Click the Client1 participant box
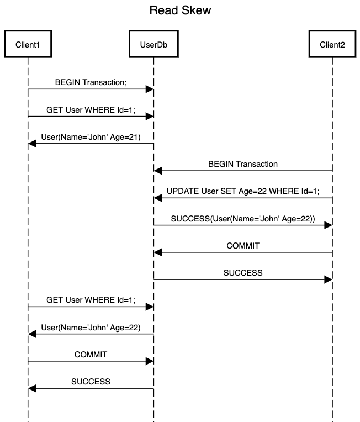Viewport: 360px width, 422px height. click(28, 44)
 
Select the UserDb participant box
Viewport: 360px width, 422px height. click(153, 44)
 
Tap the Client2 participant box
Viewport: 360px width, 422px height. click(332, 44)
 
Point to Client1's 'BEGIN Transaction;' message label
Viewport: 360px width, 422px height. click(91, 82)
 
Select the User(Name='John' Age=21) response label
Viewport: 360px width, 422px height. click(91, 137)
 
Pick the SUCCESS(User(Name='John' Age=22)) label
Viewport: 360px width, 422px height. click(243, 219)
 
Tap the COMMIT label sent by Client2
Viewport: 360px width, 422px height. click(243, 246)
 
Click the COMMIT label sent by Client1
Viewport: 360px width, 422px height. click(91, 355)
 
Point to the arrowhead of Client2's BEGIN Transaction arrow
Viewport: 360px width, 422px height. click(158, 171)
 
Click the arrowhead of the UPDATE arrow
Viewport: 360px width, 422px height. click(158, 198)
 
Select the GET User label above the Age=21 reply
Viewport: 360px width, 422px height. click(91, 110)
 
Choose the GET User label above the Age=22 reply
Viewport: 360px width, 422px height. click(91, 300)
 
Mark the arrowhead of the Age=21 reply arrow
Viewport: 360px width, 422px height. click(32, 144)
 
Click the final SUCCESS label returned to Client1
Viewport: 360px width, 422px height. click(91, 382)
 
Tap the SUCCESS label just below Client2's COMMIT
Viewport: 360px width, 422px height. click(243, 273)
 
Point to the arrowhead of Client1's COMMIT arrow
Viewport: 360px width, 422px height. click(150, 361)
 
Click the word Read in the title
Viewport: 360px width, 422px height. click(163, 10)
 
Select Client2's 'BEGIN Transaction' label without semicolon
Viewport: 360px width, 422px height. click(243, 164)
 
